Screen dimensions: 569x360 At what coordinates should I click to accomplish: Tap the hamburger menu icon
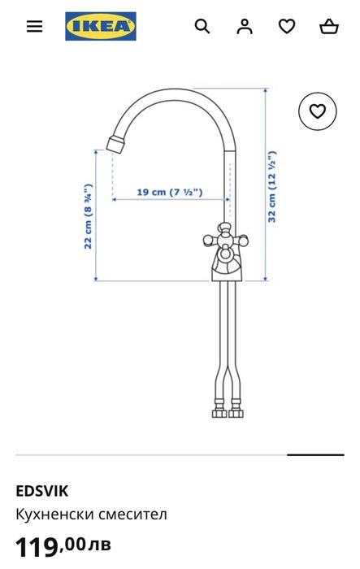point(34,26)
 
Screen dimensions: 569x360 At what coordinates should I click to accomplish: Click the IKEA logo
point(101,26)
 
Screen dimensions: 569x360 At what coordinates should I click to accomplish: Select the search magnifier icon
point(202,26)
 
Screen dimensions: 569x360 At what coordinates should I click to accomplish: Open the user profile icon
point(245,26)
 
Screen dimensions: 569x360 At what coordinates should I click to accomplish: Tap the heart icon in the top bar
point(287,26)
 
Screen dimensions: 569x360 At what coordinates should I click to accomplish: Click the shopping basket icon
point(329,26)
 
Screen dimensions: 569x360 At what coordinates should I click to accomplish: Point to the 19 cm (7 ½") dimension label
point(169,193)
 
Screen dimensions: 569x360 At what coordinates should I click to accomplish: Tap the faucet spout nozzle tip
point(115,146)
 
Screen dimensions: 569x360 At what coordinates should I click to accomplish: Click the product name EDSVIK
point(42,490)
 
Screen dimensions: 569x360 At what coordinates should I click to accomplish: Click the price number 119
point(37,547)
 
